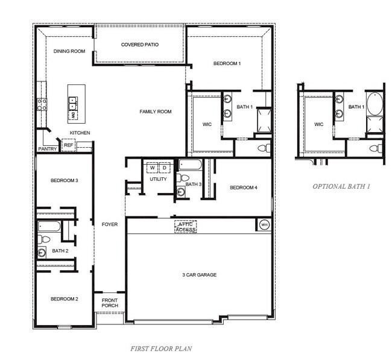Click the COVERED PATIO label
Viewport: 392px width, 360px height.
139,45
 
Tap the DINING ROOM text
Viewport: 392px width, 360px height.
69,51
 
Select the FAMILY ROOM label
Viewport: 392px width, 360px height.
156,112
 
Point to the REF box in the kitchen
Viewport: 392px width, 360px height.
68,145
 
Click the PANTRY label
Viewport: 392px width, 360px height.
47,149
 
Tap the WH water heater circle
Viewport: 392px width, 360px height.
264,224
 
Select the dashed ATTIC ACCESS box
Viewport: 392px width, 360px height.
185,227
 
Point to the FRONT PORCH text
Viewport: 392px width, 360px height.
110,303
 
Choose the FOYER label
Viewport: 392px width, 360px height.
109,224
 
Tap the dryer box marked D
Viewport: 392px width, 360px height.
163,168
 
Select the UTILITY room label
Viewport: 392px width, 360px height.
158,179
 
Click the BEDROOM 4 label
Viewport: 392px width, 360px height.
244,188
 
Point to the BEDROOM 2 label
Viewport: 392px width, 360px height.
64,299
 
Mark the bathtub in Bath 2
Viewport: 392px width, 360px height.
49,227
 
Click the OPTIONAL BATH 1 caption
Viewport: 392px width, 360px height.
341,186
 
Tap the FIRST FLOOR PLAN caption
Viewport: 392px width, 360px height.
161,349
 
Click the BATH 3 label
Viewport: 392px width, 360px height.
193,185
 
